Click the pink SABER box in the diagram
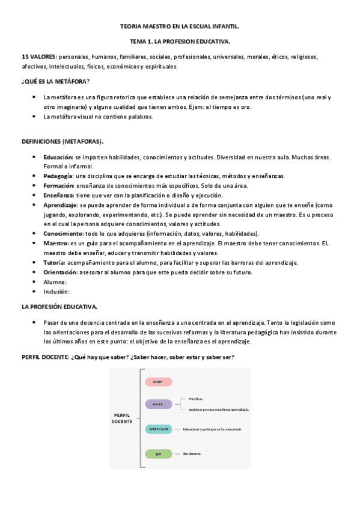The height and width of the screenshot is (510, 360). [x=158, y=381]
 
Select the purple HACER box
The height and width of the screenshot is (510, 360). [x=158, y=404]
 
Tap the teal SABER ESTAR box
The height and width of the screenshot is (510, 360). [x=158, y=429]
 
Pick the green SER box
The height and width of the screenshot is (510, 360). [x=158, y=453]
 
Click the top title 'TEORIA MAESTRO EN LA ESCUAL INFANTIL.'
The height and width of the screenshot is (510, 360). [x=180, y=27]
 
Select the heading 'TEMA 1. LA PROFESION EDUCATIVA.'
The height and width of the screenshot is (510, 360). [x=180, y=41]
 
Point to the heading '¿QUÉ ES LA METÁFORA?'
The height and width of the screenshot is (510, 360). [x=55, y=81]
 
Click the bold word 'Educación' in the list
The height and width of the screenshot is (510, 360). [x=58, y=157]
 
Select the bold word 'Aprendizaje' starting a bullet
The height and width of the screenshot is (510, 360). [x=60, y=204]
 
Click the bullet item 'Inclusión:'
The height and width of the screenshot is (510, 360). [x=56, y=291]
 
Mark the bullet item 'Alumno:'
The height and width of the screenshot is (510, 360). [x=55, y=281]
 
